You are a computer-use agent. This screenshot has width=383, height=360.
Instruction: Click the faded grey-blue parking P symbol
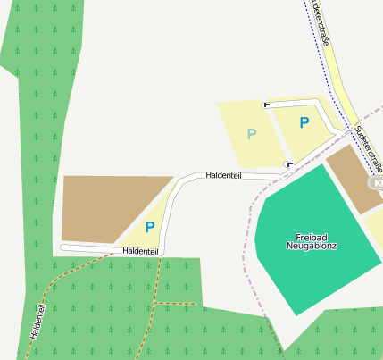pos(251,134)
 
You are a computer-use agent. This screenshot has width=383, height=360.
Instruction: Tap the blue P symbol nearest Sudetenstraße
pos(304,123)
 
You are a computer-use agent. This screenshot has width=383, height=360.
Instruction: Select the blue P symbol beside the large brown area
pos(150,227)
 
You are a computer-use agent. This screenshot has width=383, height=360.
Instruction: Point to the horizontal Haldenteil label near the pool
pos(224,176)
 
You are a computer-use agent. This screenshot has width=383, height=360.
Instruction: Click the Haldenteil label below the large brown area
pos(141,252)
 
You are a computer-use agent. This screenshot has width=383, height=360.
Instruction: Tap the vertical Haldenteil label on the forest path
pos(37,319)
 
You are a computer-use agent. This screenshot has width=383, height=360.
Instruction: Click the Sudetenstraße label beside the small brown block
pos(369,147)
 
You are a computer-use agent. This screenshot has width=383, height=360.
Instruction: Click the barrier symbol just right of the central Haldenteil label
pos(287,164)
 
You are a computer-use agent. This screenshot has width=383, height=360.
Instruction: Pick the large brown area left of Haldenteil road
pos(103,207)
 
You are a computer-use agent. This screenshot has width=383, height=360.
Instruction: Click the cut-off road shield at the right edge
pos(376,183)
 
